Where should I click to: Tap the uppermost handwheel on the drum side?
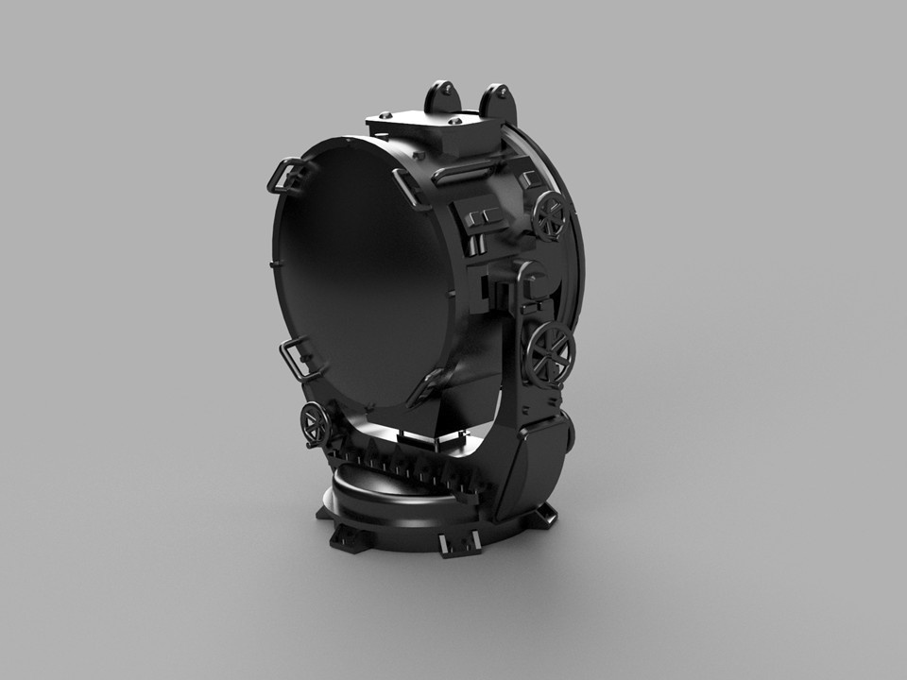point(549,216)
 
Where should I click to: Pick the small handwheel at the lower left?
point(313,422)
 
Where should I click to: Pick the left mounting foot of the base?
point(347,537)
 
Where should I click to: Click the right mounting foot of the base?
point(544,515)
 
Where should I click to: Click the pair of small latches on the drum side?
point(485,218)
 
